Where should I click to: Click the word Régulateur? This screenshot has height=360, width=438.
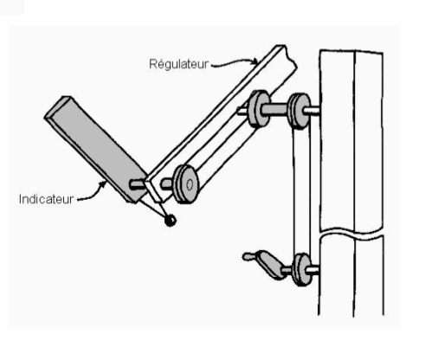(x=178, y=64)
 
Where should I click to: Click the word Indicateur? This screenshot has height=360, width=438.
(x=46, y=199)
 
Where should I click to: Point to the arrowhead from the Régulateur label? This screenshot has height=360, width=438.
(x=254, y=61)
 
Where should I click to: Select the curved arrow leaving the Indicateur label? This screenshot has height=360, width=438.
(x=93, y=193)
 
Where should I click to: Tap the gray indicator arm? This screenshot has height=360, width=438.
(x=95, y=147)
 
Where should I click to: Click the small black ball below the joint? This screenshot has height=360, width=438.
(x=171, y=221)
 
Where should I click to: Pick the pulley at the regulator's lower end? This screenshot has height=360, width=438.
(x=186, y=184)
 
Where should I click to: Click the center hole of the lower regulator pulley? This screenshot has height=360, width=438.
(x=190, y=185)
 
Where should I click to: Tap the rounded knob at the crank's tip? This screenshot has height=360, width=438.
(x=248, y=256)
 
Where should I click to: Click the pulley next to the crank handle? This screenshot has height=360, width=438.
(x=301, y=270)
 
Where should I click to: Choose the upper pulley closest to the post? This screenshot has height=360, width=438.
(x=300, y=111)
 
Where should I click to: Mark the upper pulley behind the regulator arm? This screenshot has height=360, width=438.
(x=259, y=109)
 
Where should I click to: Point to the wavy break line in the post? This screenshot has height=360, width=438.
(x=352, y=232)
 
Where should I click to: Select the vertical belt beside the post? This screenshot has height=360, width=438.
(x=302, y=190)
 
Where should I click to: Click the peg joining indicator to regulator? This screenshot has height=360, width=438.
(x=138, y=184)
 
